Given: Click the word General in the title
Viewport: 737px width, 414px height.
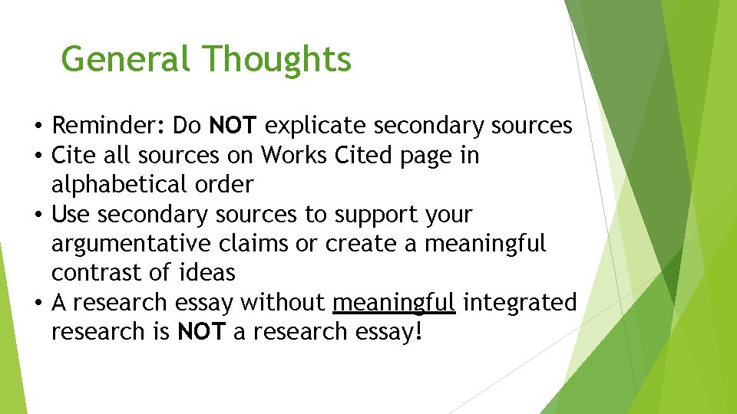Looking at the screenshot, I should tap(124, 58).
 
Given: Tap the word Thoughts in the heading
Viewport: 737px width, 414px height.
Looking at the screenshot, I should tap(277, 58).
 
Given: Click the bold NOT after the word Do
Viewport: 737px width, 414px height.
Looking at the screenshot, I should tap(233, 125).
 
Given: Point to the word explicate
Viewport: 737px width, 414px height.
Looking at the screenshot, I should tap(319, 126).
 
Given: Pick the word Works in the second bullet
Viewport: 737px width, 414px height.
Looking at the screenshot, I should tap(294, 155).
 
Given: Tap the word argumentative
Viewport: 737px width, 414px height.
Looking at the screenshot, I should tap(128, 245).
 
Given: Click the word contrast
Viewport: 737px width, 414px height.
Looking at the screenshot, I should tap(101, 273).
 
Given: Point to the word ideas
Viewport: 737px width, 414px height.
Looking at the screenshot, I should tap(210, 273).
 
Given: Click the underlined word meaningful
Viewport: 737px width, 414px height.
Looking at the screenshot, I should tap(394, 303).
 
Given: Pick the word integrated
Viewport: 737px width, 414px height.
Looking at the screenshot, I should tap(520, 303).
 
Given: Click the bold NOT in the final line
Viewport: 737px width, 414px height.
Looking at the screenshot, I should tap(200, 332).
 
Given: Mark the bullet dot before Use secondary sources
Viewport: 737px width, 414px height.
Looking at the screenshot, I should tap(38, 215).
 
